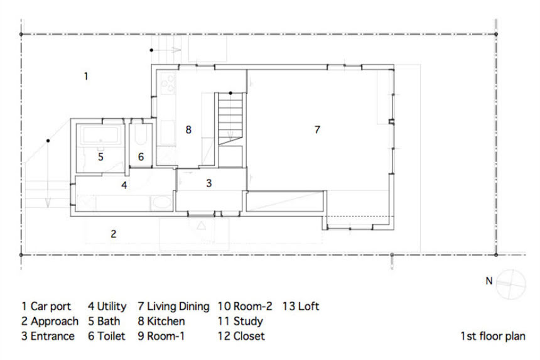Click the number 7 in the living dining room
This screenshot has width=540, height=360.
point(317,129)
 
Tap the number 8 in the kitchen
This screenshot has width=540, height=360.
point(188,129)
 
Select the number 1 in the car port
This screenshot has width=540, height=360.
point(86,76)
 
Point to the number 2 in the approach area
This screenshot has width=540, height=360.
point(113,234)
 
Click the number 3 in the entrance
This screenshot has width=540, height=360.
point(208,183)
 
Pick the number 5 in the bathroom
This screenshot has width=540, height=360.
point(100,156)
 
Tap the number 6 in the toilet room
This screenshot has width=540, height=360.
point(141,156)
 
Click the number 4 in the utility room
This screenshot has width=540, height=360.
point(124,185)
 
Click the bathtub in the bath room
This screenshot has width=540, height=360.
point(100,134)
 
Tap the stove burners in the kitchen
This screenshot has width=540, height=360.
point(168,83)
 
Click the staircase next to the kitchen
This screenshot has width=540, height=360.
point(230,119)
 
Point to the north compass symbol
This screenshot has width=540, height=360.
point(511,284)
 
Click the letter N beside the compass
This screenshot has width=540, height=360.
point(489,281)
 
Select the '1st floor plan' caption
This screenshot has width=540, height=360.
point(493,336)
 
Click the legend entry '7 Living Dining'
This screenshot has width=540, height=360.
point(173,306)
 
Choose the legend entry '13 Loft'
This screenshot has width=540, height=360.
point(301,306)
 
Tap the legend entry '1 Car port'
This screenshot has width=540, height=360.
point(46,306)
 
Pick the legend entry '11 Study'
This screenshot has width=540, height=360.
point(240,321)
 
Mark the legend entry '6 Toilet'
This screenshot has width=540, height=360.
point(107,336)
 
